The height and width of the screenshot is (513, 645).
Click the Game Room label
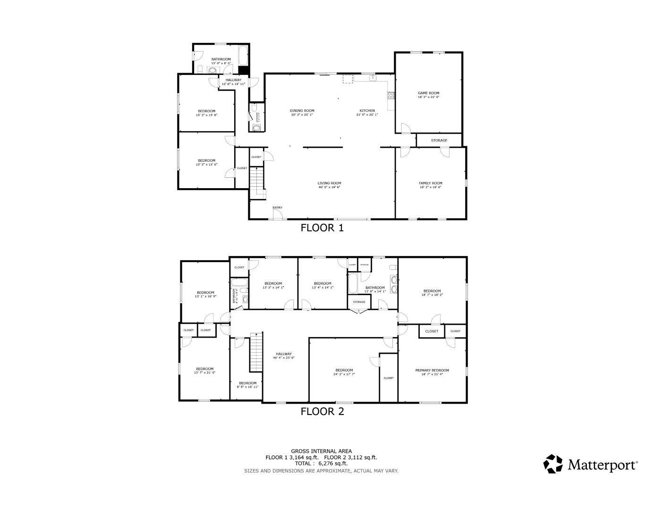click(428, 93)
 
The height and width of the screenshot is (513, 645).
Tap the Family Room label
click(430, 183)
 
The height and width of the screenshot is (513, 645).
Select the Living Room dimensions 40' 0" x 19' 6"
click(329, 187)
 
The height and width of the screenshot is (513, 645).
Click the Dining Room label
click(302, 110)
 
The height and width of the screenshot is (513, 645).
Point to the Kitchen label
click(367, 110)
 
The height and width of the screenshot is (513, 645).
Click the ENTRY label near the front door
click(277, 207)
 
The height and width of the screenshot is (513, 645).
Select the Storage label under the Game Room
click(439, 141)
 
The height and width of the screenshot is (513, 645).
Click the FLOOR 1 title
click(322, 228)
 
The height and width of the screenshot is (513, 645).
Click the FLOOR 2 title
click(322, 411)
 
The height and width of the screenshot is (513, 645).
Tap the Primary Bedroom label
click(432, 370)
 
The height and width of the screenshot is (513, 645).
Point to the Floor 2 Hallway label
click(284, 354)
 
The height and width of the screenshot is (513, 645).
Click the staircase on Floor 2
click(256, 351)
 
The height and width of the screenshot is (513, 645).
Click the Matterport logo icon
click(553, 464)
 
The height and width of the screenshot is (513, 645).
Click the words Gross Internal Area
click(321, 451)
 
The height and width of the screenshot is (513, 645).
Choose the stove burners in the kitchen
click(391, 96)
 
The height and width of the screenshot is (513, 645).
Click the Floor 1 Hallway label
click(233, 80)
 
